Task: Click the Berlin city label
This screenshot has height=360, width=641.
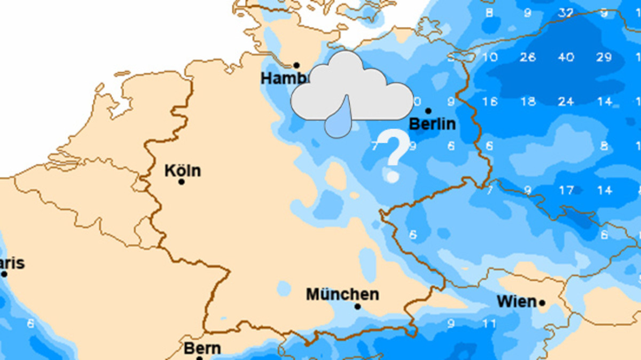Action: [x=432, y=124]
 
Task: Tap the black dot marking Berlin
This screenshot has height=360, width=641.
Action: [x=428, y=111]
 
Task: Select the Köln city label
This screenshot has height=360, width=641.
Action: [x=183, y=171]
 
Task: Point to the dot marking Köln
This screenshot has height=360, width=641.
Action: [x=182, y=182]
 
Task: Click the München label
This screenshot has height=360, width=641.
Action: [x=342, y=294]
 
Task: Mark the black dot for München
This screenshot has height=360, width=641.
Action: [x=357, y=307]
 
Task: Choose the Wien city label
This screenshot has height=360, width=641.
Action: [x=516, y=302]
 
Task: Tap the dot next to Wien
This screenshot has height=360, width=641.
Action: [x=542, y=303]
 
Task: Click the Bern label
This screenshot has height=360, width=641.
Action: [x=202, y=349]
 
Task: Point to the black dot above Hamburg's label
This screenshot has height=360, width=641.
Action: [x=296, y=65]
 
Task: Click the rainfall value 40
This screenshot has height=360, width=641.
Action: [x=566, y=57]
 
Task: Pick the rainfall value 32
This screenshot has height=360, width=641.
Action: [x=566, y=13]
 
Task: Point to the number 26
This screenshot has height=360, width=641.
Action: [x=528, y=57]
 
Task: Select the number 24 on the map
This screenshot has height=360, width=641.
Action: [x=566, y=101]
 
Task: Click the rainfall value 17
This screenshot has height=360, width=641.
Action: [x=566, y=190]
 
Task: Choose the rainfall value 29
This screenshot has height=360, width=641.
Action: [x=604, y=57]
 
